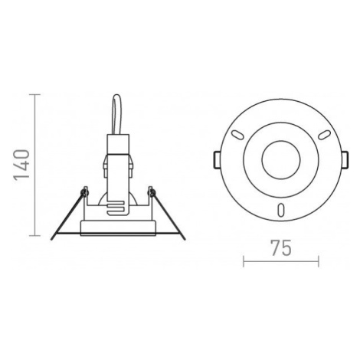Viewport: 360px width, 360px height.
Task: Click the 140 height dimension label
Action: (x=21, y=165)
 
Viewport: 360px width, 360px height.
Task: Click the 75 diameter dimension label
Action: (x=281, y=248)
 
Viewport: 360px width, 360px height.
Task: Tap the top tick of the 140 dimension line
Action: (x=34, y=94)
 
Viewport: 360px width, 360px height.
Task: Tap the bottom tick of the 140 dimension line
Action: (x=34, y=235)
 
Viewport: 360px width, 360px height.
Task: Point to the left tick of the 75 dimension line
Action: (x=244, y=261)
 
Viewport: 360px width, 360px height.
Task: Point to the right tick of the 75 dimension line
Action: (x=319, y=261)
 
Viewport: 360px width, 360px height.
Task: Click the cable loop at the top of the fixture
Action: (x=117, y=114)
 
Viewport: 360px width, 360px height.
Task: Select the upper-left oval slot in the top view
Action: (x=237, y=135)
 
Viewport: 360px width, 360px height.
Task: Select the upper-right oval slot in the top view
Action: (x=324, y=135)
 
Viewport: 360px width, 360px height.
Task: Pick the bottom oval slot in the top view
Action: (x=281, y=211)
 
